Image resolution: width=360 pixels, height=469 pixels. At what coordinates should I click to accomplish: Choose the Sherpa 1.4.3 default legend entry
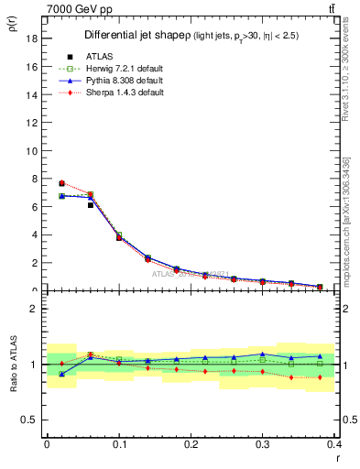point(126,94)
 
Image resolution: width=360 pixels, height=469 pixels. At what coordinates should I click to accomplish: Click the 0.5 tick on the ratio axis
point(34,420)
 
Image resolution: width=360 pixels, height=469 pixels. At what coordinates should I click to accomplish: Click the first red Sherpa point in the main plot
point(61,183)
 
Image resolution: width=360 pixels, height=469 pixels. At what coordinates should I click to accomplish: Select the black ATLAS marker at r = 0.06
point(91,205)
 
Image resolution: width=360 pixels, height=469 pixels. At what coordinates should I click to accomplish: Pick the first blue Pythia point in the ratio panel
point(61,375)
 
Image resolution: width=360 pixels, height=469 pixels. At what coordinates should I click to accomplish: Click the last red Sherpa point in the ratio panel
point(320,376)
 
